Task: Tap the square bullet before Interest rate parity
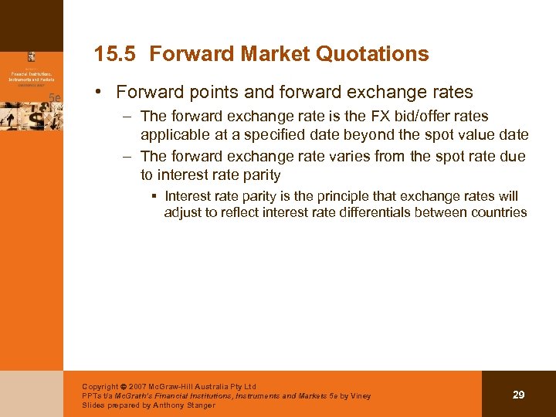(154, 196)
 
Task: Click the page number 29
(519, 395)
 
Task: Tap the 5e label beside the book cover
(55, 97)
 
